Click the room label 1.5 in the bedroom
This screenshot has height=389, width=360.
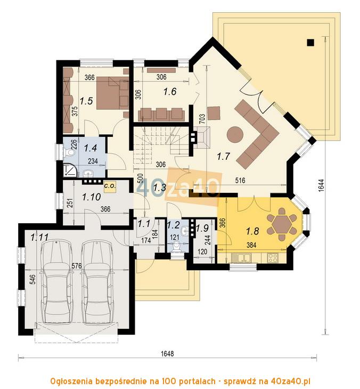pos(87,100)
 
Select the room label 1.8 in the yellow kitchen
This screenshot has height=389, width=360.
pos(252,231)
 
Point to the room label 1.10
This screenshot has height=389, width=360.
pos(91,197)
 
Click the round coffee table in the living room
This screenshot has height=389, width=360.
pos(235,133)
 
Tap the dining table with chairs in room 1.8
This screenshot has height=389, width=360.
pos(281,223)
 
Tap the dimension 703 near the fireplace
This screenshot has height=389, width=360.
pos(202,119)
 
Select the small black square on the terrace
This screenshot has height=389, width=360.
pos(310,42)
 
